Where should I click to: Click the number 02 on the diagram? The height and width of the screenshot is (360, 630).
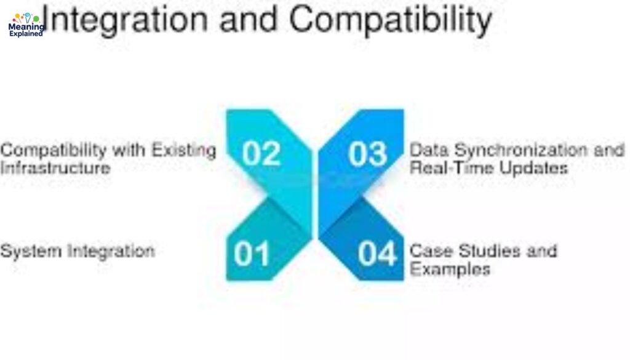pos(261,153)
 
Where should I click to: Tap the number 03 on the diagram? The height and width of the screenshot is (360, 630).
pos(368,153)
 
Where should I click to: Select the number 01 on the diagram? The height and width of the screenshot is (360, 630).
pos(252,254)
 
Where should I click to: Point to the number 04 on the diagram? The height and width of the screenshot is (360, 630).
pos(377,254)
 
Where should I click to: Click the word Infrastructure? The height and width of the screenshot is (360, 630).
pos(55,167)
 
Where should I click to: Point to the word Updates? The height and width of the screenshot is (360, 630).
pos(534,167)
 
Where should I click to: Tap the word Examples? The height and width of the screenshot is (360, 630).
pos(450,269)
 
